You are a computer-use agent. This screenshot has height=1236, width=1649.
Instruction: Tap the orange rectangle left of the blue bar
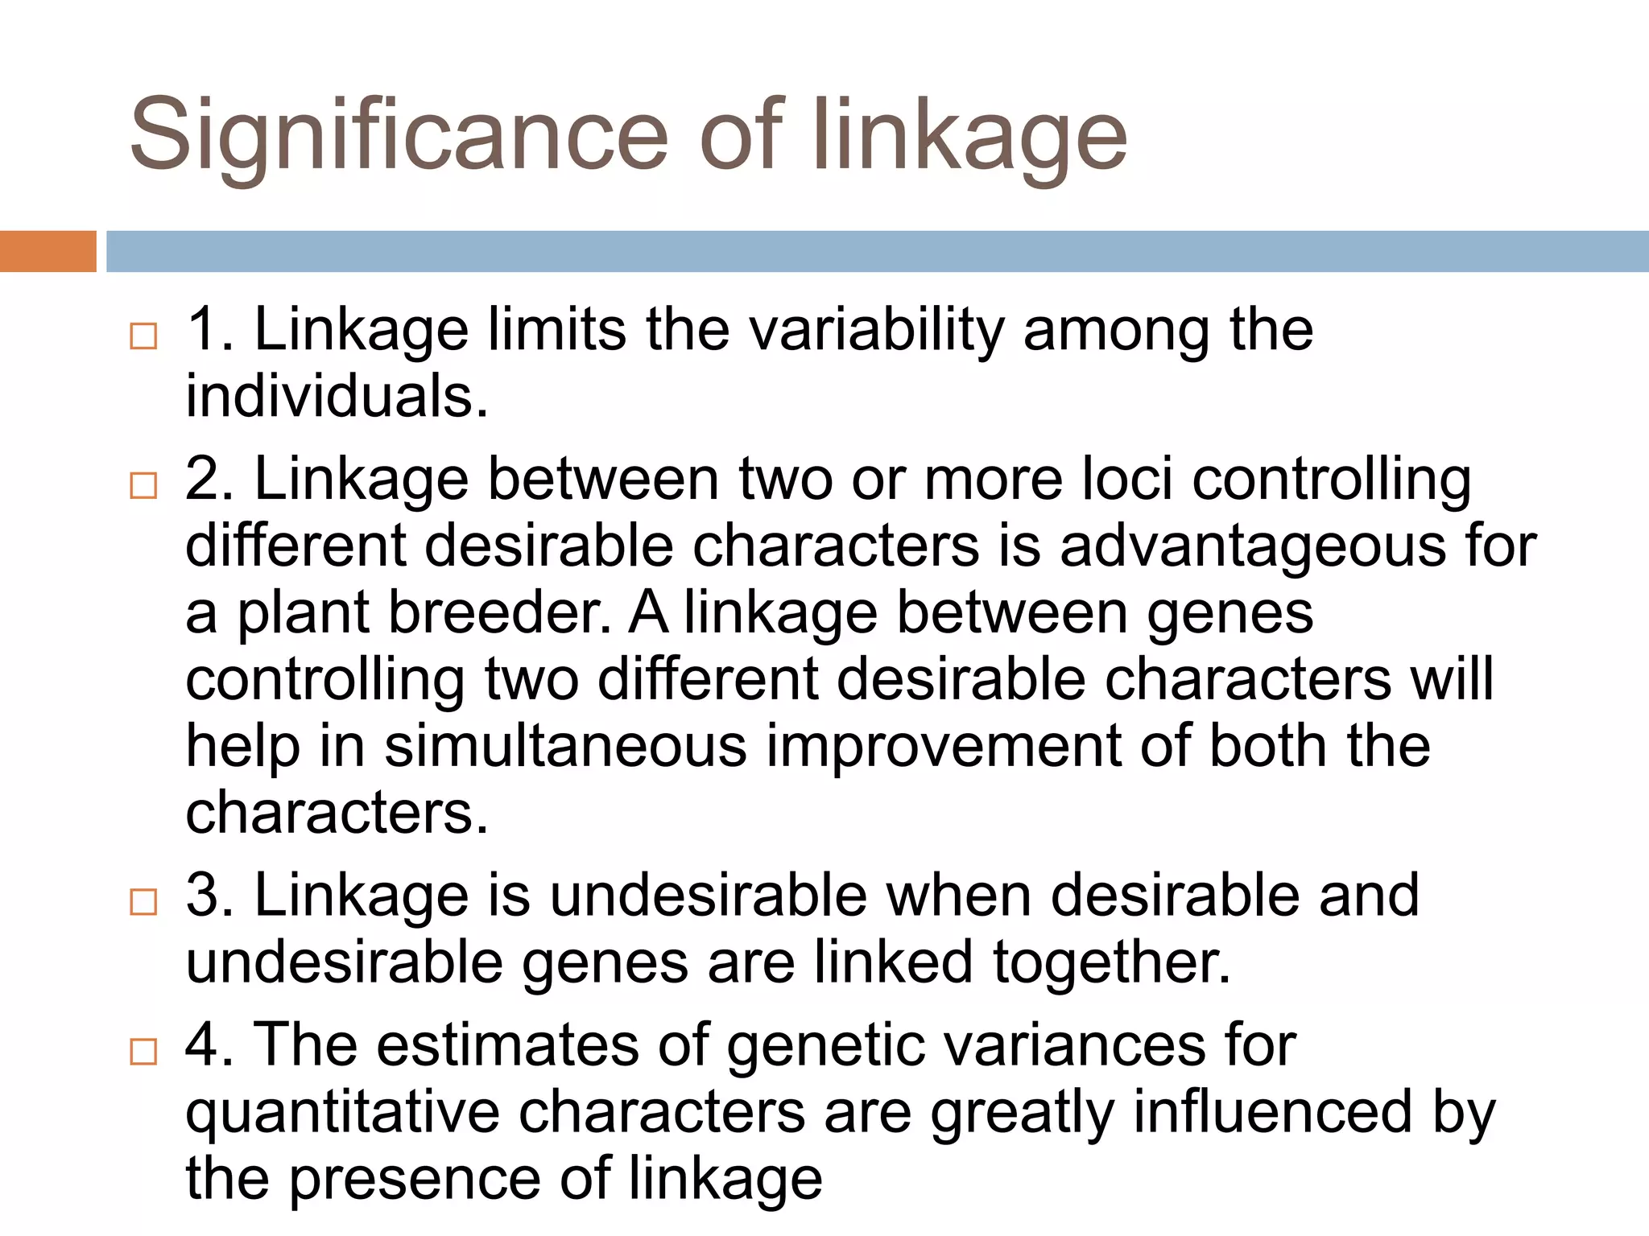(x=48, y=251)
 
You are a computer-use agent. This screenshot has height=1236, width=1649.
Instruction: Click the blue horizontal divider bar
(x=877, y=251)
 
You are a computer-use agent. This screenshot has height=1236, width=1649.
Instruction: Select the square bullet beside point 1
(x=143, y=336)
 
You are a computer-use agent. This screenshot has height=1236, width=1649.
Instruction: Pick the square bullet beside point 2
(x=143, y=485)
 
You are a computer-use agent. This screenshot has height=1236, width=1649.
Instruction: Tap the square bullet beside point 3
(x=143, y=902)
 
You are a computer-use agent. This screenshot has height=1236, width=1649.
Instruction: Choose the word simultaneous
(x=565, y=747)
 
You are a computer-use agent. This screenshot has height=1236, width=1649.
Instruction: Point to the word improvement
(x=943, y=747)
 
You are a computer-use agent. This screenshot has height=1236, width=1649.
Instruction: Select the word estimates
(x=508, y=1045)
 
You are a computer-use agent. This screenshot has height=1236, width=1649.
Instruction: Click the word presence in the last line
(x=415, y=1179)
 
